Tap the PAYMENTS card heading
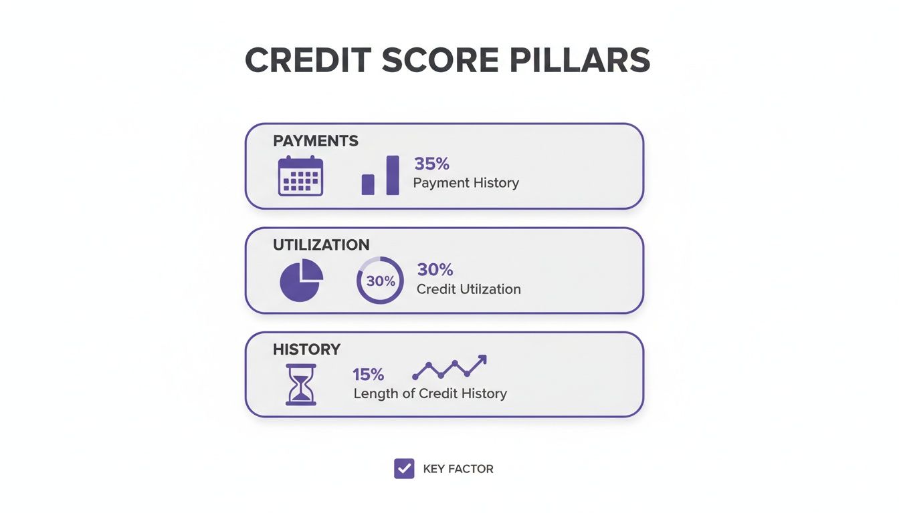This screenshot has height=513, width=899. tap(316, 141)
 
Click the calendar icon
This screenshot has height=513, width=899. tap(300, 176)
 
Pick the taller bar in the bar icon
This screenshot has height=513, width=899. tap(393, 175)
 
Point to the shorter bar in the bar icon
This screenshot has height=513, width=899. tap(368, 184)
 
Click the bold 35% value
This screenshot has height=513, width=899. tap(432, 164)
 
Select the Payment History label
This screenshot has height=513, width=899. tap(466, 183)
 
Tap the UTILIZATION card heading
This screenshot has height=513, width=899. tap(321, 245)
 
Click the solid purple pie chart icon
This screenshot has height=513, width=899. tap(301, 280)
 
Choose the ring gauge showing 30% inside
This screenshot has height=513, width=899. tap(380, 281)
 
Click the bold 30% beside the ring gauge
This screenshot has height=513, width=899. tap(435, 270)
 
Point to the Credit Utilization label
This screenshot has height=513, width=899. tap(468, 289)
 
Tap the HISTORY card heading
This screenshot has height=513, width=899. tap(306, 349)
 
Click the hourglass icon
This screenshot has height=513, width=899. tap(301, 385)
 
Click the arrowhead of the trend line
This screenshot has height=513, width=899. tap(481, 360)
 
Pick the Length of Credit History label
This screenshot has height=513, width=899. tap(430, 393)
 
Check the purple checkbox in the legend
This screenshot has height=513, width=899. tap(404, 469)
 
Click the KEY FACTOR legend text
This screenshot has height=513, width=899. tap(458, 470)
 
